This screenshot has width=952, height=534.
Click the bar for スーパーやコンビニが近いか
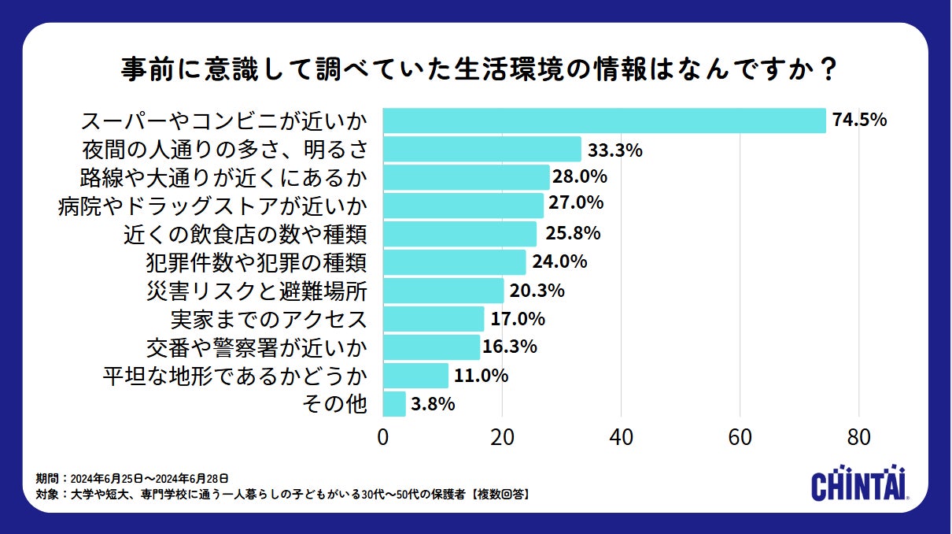pyautogui.click(x=604, y=121)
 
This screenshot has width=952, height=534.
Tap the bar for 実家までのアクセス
pyautogui.click(x=434, y=319)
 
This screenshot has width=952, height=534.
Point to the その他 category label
pyautogui.click(x=335, y=404)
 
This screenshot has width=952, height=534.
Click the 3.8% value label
pyautogui.click(x=434, y=404)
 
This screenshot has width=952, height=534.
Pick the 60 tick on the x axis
pyautogui.click(x=740, y=438)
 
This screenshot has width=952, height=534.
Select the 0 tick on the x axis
pyautogui.click(x=383, y=438)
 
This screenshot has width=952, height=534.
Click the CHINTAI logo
pyautogui.click(x=860, y=483)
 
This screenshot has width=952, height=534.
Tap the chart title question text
pyautogui.click(x=475, y=69)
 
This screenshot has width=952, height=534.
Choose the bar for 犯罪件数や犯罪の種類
pyautogui.click(x=454, y=262)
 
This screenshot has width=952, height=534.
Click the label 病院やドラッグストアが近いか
pyautogui.click(x=213, y=206)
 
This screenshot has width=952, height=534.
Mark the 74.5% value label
pyautogui.click(x=860, y=121)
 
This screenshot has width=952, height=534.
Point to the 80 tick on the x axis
pyautogui.click(x=859, y=438)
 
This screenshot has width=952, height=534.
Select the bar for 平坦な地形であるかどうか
pyautogui.click(x=415, y=376)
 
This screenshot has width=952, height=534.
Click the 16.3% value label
pyautogui.click(x=510, y=347)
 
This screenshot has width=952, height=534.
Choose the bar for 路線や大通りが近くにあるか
pyautogui.click(x=466, y=177)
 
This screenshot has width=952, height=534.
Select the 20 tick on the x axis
pyautogui.click(x=502, y=438)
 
